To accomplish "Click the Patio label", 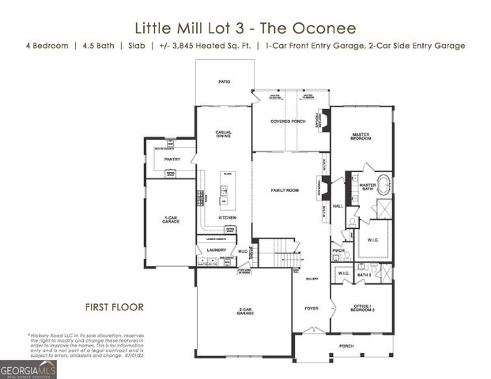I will point(225,81).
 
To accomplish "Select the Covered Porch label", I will point(288,122).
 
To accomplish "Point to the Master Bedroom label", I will point(361,137).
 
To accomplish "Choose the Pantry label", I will point(172,159).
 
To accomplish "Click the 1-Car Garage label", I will point(170,220).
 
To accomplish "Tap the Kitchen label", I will point(228,217).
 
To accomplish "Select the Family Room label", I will point(285,191).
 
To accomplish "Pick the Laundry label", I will point(217,250).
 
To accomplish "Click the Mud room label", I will point(244,250).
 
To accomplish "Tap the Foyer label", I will point(312,308).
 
